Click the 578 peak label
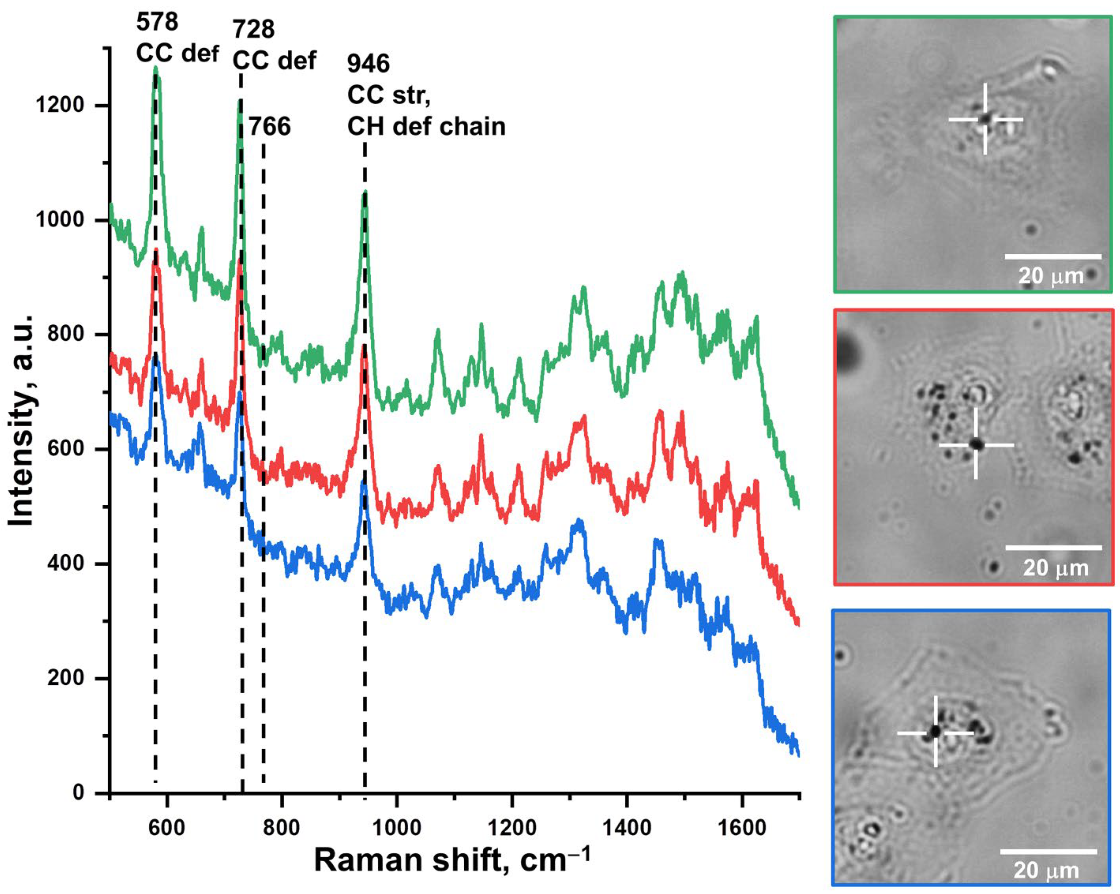click(x=157, y=22)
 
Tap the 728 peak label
click(x=253, y=29)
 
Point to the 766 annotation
click(x=270, y=127)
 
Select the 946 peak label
click(x=368, y=64)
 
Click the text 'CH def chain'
click(x=426, y=127)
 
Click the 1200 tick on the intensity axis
click(x=59, y=105)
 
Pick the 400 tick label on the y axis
click(x=66, y=564)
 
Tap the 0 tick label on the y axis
click(x=78, y=793)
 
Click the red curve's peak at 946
click(x=364, y=345)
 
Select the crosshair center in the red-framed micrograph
click(x=976, y=445)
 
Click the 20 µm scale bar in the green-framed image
click(x=1053, y=257)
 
